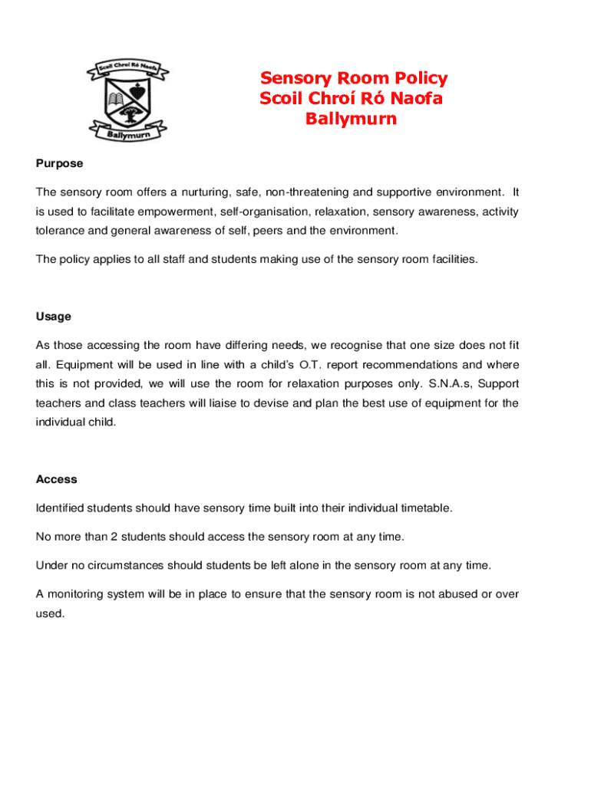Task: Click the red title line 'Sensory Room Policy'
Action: point(354,78)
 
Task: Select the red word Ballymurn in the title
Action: point(351,119)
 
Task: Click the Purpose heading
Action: point(59,163)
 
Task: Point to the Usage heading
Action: point(53,317)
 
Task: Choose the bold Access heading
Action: point(56,479)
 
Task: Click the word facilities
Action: point(452,259)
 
